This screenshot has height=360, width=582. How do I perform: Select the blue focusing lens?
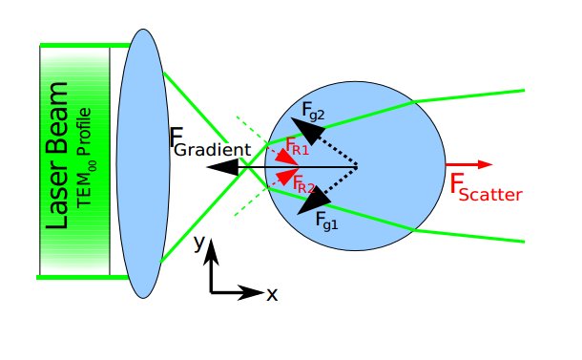pyautogui.click(x=144, y=162)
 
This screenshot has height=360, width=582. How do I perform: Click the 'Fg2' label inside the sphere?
pyautogui.click(x=314, y=111)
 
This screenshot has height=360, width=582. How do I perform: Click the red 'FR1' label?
pyautogui.click(x=300, y=146)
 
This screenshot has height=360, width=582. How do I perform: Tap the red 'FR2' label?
pyautogui.click(x=304, y=183)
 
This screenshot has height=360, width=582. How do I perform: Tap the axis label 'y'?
pyautogui.click(x=198, y=244)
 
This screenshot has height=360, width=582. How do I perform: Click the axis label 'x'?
pyautogui.click(x=272, y=294)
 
